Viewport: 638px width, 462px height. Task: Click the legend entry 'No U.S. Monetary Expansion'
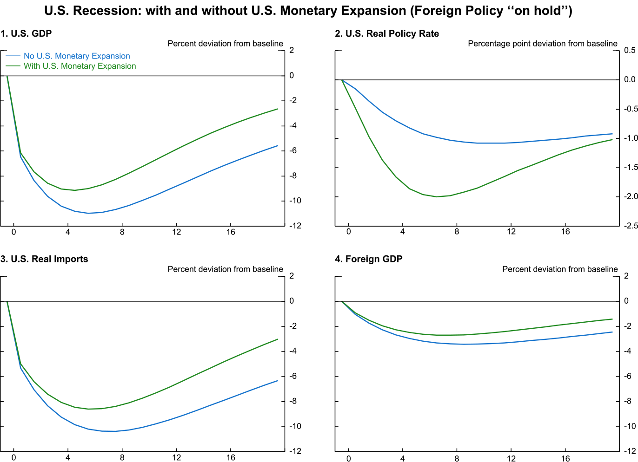coord(77,56)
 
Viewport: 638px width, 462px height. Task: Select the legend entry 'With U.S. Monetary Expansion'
coord(80,66)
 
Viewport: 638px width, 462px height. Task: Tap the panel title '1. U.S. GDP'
coord(26,33)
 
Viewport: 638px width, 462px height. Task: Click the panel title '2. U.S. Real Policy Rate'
coord(387,33)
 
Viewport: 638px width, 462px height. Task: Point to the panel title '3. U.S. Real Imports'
coord(44,259)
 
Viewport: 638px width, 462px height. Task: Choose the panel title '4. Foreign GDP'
coord(369,259)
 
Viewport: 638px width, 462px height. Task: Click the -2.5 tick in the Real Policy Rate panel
coord(631,226)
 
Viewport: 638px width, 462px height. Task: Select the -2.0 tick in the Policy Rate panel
coord(631,197)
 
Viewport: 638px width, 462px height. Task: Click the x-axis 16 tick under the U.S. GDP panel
coord(231,232)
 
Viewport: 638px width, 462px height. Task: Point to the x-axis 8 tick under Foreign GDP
coord(457,458)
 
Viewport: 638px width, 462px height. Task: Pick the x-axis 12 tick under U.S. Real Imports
coord(176,458)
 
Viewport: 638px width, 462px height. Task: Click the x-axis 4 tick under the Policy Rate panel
coord(403,232)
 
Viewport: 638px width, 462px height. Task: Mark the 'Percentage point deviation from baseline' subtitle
coord(543,44)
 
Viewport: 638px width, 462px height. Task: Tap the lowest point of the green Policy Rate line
coord(437,197)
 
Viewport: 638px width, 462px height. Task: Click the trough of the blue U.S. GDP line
coord(88,213)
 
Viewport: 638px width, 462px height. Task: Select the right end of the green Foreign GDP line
coord(612,319)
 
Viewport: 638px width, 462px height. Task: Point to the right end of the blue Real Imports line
coord(278,381)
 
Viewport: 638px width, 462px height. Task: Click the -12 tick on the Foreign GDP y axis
coord(630,451)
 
